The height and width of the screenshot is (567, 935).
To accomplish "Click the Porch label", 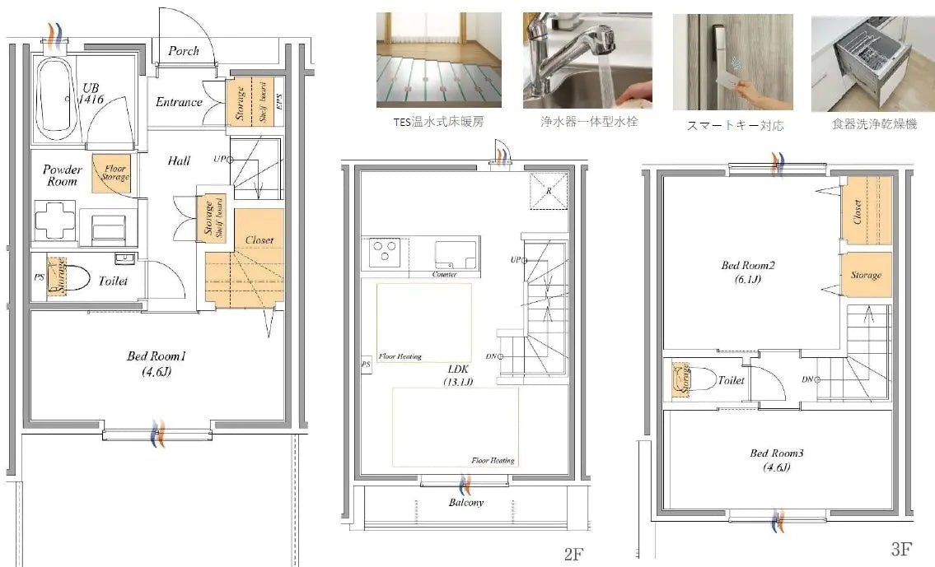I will [183, 51].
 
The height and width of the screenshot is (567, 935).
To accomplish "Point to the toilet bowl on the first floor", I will [72, 277].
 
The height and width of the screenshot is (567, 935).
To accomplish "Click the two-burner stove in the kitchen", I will [383, 252].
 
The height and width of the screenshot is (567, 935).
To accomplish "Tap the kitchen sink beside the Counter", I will [455, 253].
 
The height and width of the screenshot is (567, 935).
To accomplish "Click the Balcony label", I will [466, 502].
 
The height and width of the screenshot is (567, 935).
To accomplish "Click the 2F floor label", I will [573, 555].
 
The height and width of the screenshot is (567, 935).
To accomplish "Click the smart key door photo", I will [732, 62].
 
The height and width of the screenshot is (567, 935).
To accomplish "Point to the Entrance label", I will [179, 102].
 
